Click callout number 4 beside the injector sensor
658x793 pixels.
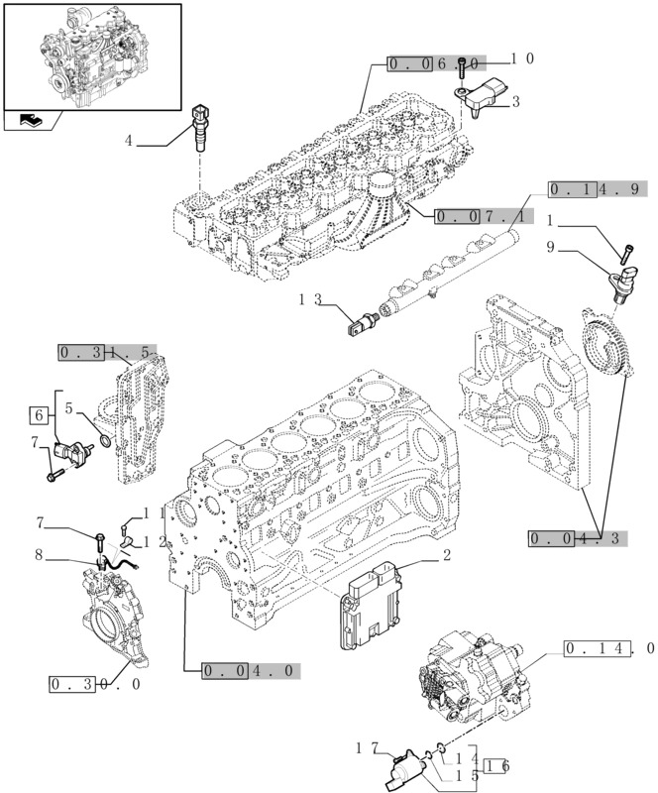point(128,141)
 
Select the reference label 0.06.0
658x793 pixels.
point(436,64)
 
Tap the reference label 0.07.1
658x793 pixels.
point(483,213)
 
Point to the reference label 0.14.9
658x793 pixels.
point(598,189)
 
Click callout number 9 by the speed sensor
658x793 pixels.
point(551,247)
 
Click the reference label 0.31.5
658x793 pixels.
point(107,352)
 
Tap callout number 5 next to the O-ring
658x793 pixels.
point(68,406)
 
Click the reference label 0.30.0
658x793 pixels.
point(95,684)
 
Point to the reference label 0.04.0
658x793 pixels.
point(249,670)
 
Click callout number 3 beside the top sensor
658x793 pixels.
point(515,101)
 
